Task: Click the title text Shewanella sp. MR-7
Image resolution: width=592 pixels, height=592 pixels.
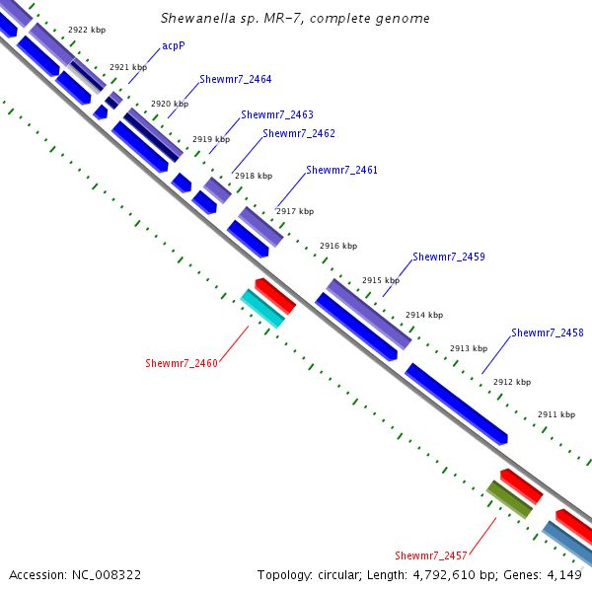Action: pos(295,19)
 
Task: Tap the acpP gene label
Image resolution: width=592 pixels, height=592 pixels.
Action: pos(175,45)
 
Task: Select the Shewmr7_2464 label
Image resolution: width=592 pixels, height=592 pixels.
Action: pos(235,79)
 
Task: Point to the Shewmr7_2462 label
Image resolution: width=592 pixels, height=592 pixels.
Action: pos(298,133)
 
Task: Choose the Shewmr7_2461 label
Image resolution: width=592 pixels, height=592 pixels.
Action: pos(341,170)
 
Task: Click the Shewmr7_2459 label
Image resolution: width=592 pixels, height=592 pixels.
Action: pos(448,257)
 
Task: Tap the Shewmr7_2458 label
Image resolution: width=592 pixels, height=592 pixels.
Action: pos(547,333)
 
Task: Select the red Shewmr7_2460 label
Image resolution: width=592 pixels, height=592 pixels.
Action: pos(182,363)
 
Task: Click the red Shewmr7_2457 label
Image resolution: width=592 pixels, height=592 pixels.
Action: pos(431,555)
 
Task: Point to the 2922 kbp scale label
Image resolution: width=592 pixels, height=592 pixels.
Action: pos(87,31)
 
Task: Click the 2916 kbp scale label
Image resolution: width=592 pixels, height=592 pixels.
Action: pos(338,246)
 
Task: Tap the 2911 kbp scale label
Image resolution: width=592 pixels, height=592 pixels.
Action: pos(556,414)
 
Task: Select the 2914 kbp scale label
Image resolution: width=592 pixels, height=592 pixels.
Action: pos(424,315)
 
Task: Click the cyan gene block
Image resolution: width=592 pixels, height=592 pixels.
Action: pos(263,309)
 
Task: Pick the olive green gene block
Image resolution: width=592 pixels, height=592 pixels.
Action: pos(509,499)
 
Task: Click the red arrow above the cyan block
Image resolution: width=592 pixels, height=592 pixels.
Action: pos(275,296)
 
